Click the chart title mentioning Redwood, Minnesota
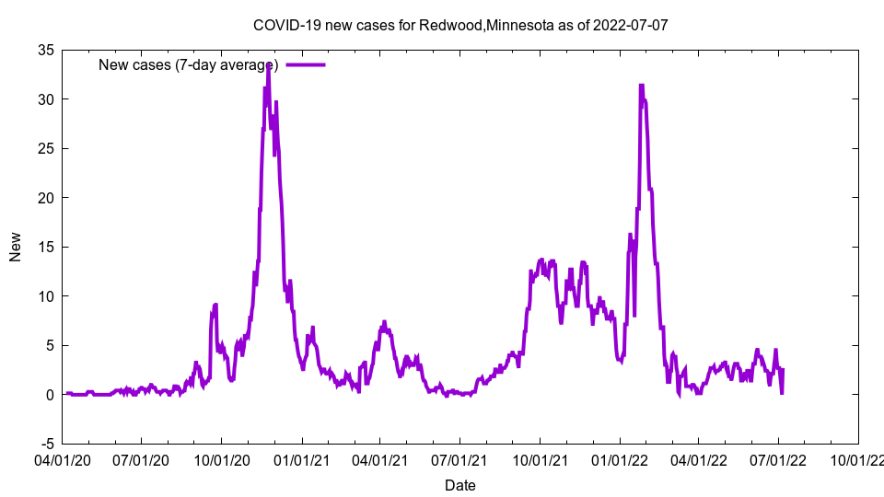(459, 26)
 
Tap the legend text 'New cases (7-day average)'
(189, 64)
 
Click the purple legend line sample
(306, 64)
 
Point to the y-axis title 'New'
(15, 247)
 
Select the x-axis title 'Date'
(459, 485)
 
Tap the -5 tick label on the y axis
(44, 444)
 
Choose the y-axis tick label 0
(47, 395)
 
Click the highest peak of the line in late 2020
(268, 64)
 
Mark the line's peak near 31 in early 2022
(641, 85)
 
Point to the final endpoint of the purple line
(782, 393)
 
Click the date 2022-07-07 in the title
(631, 26)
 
